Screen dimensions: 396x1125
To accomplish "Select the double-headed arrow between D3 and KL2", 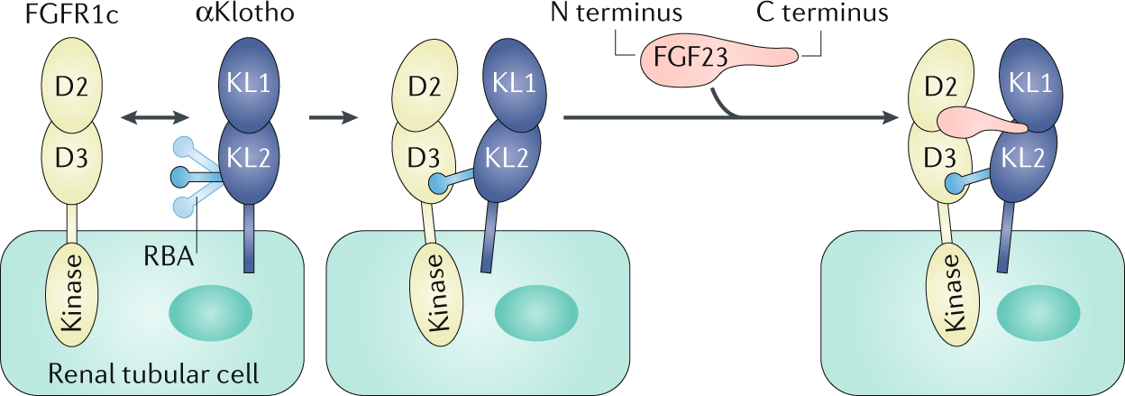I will click(156, 116).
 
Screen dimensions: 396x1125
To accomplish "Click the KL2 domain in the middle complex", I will click(504, 156).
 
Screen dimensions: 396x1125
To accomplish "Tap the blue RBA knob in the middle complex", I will click(436, 184).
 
